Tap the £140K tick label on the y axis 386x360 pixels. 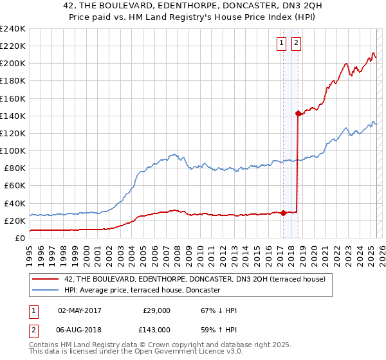(x=12, y=116)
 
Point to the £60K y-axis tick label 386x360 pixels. (x=14, y=185)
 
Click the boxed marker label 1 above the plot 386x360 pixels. (x=282, y=43)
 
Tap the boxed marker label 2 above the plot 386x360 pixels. (x=296, y=43)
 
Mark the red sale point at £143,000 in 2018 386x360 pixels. (x=298, y=113)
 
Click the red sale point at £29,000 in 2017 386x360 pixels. (x=284, y=213)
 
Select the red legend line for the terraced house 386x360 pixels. (x=45, y=279)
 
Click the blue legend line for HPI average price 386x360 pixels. (x=45, y=290)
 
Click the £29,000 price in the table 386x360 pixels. (x=156, y=310)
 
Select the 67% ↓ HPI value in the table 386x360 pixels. (x=219, y=310)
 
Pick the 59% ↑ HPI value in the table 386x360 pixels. (x=219, y=330)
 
